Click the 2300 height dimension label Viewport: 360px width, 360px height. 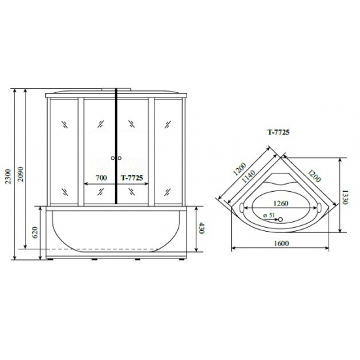(x=8, y=176)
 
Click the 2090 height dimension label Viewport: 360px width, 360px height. (x=21, y=174)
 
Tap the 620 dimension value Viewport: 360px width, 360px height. (x=35, y=232)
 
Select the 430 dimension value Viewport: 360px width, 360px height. (x=201, y=228)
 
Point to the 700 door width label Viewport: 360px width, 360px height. (x=101, y=177)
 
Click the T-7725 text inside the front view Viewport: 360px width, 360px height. (x=132, y=177)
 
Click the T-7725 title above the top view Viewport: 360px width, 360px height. (x=278, y=132)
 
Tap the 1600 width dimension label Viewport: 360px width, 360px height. (x=281, y=243)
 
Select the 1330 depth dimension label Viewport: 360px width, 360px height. (x=346, y=197)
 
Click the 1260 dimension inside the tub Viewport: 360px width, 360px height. (x=281, y=204)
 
